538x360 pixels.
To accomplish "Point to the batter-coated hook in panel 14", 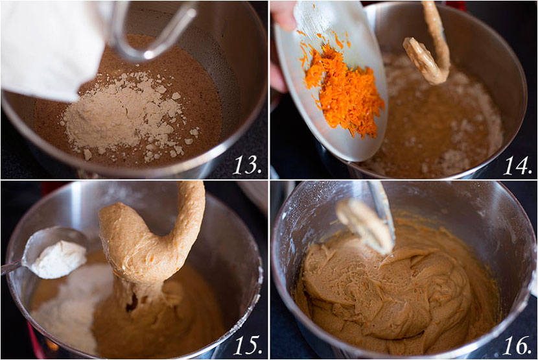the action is (x=429, y=48).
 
